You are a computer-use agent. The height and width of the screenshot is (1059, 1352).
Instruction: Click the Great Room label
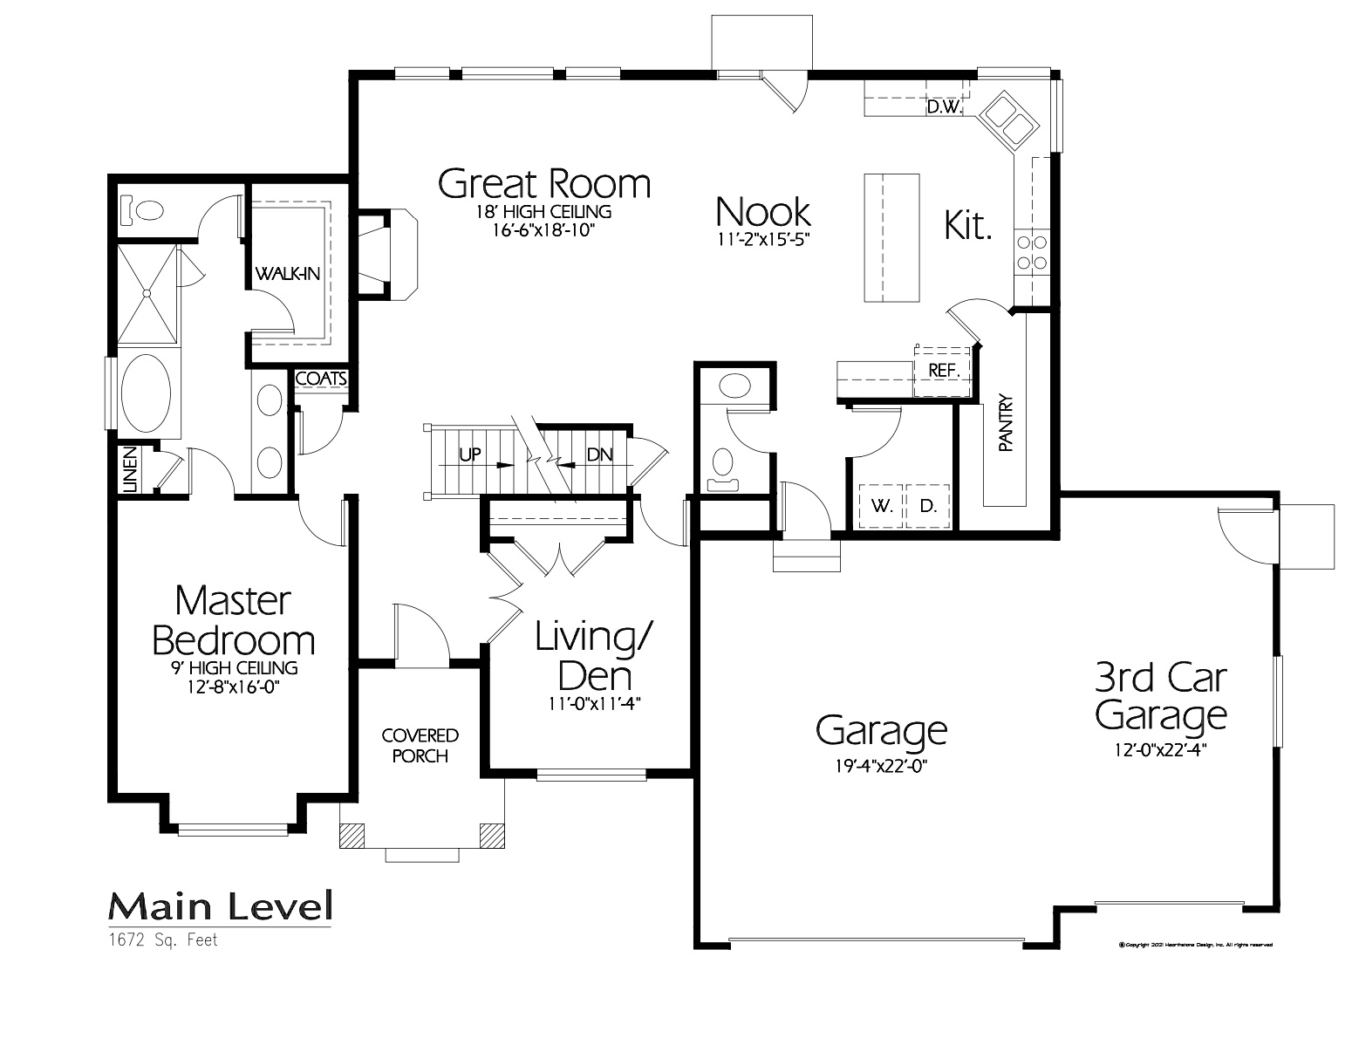543,184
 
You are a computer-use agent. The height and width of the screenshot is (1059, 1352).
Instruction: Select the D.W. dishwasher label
943,108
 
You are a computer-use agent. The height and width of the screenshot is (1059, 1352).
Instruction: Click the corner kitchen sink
1008,120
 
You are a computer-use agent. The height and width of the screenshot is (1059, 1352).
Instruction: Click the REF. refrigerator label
943,370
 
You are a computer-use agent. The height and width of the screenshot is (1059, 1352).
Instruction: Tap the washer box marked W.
882,506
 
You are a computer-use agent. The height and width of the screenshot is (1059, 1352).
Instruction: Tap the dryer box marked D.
928,506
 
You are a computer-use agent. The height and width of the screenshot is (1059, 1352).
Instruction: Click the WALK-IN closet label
287,274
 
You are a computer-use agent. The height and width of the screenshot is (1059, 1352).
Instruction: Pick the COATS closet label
321,379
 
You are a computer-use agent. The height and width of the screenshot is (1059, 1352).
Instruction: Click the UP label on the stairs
471,454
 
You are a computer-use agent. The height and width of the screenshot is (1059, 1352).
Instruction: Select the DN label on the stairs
599,454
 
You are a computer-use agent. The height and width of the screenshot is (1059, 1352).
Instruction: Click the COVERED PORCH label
420,746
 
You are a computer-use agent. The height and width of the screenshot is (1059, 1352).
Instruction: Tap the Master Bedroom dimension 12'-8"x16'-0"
233,687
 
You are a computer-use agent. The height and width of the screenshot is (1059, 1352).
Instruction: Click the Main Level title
220,907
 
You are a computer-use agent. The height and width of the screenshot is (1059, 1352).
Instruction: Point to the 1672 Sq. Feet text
163,940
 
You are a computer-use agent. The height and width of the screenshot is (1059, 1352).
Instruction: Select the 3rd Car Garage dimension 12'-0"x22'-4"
1160,748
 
